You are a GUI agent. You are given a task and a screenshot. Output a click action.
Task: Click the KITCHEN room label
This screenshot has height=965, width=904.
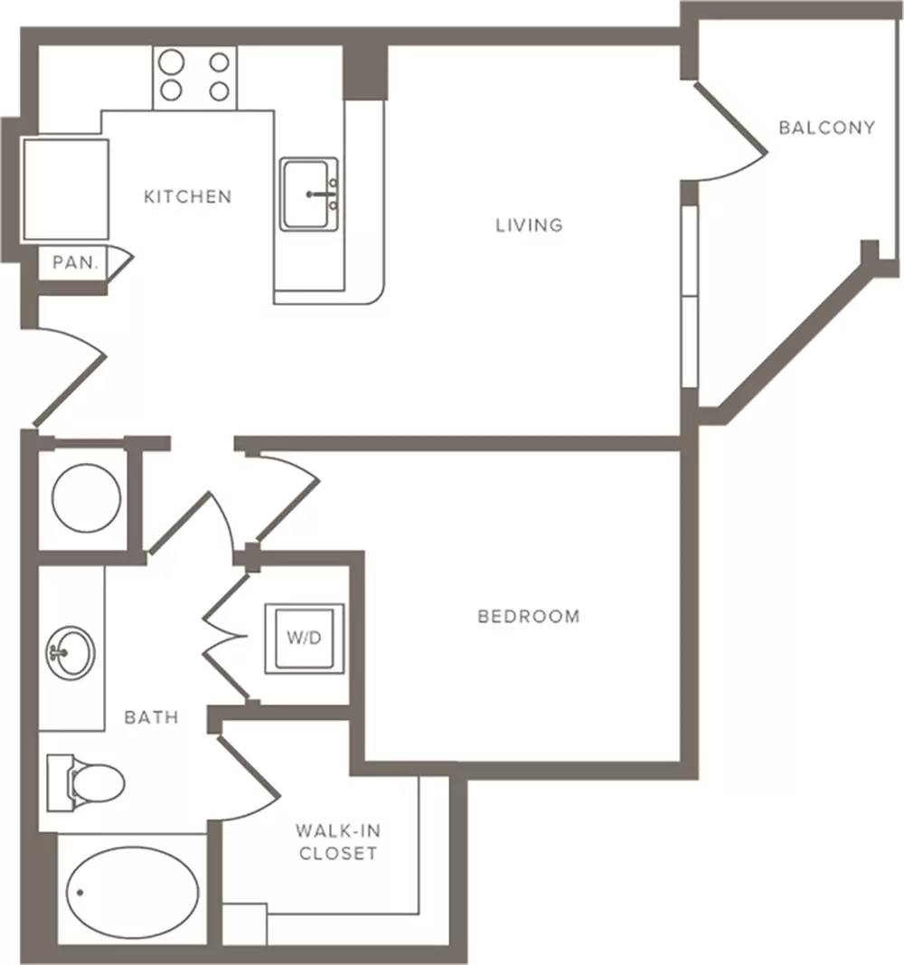click(x=187, y=197)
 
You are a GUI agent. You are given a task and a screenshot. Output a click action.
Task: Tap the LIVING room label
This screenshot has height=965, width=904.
click(x=530, y=225)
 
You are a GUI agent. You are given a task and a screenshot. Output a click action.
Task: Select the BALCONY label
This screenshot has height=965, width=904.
click(x=826, y=128)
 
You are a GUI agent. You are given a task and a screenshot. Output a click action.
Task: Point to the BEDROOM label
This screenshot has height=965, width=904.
click(x=529, y=616)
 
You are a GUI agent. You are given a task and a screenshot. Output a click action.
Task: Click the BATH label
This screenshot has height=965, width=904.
click(x=151, y=717)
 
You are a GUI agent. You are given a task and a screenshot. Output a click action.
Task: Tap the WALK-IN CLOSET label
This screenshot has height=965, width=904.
click(x=338, y=842)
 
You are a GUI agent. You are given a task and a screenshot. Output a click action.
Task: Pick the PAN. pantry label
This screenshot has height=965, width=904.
click(x=76, y=263)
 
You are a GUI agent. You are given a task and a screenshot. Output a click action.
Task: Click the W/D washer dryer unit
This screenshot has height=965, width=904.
click(x=305, y=639)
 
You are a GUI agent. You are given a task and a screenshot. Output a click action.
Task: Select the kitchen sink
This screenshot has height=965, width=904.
click(x=308, y=194)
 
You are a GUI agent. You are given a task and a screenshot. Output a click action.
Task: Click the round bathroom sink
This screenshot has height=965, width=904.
click(x=71, y=654)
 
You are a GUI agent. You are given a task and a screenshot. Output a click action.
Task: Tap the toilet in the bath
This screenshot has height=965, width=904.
click(x=86, y=783)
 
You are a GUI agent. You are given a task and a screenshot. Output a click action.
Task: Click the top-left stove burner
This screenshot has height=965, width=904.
click(x=171, y=62)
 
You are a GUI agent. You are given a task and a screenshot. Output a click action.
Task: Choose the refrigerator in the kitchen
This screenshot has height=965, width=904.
click(x=65, y=190)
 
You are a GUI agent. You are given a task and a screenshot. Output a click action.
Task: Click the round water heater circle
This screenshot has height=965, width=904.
click(x=86, y=498)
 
